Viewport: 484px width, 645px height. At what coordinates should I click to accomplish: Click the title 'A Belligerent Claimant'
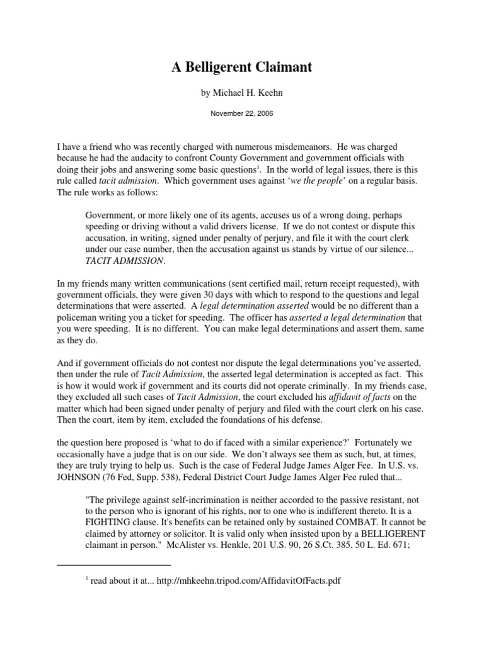pos(242,67)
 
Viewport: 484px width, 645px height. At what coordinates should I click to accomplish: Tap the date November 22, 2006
pos(242,115)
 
